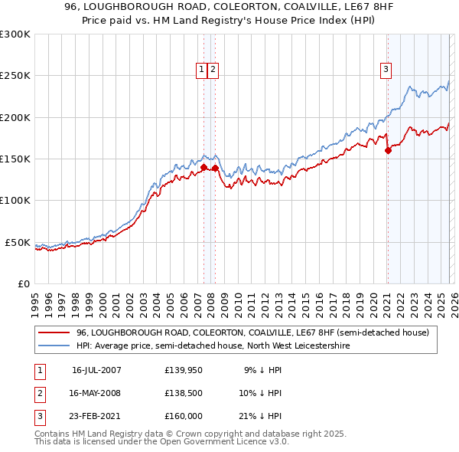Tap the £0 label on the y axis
pos(23,283)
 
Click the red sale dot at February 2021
pos(388,151)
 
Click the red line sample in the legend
pos(54,333)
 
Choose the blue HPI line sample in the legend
pos(54,346)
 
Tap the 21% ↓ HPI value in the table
pos(262,416)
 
